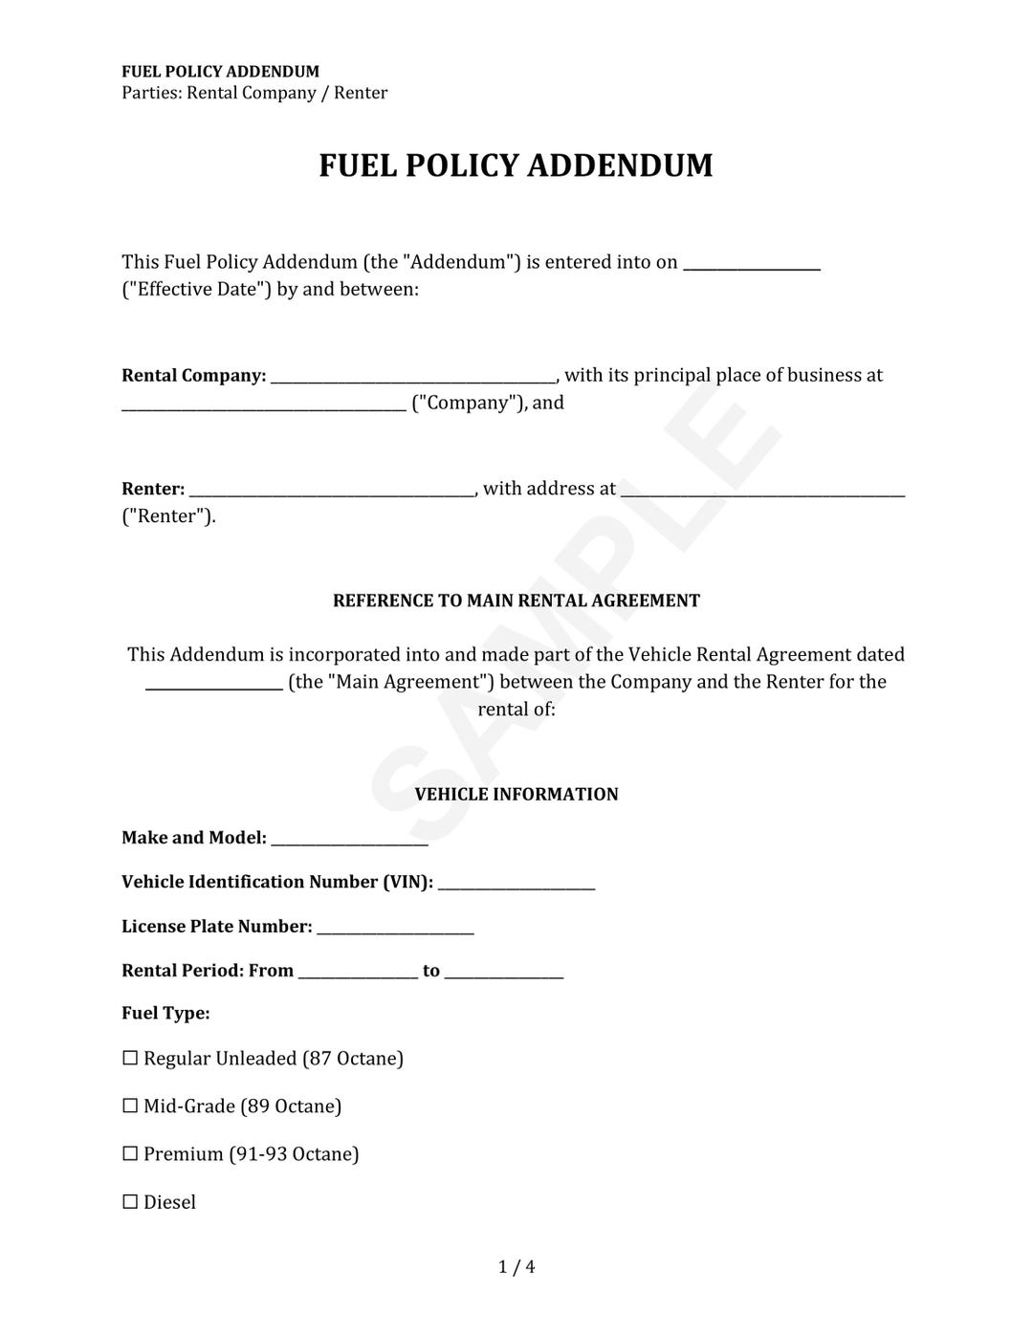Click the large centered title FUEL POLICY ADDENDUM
point(516,165)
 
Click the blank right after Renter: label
point(332,492)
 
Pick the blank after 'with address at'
point(762,492)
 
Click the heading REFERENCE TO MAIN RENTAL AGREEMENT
point(516,601)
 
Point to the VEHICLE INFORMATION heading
point(516,794)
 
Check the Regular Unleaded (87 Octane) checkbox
point(131,1058)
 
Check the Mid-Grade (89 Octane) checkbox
point(131,1106)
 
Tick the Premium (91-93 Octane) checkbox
point(131,1153)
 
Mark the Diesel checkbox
point(131,1202)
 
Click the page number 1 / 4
point(516,1267)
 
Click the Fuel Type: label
point(165,1013)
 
